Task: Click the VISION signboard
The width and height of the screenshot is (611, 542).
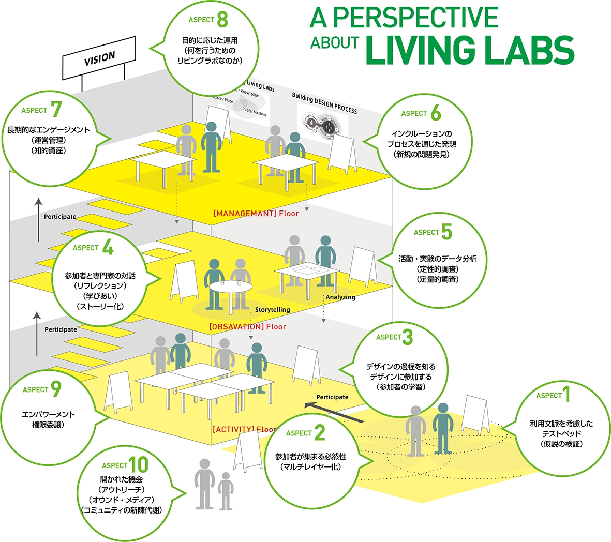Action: tap(99, 58)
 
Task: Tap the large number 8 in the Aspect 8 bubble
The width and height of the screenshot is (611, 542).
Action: tap(222, 20)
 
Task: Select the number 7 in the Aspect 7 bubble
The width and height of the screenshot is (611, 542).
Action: tap(56, 110)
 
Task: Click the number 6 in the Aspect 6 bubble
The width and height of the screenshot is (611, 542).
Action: tap(436, 113)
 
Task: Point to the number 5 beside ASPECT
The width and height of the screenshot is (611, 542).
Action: tap(446, 233)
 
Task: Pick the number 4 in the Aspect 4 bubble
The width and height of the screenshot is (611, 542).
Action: tap(108, 248)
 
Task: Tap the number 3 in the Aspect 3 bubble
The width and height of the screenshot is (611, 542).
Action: tap(408, 337)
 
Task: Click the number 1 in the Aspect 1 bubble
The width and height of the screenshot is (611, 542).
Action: tap(567, 395)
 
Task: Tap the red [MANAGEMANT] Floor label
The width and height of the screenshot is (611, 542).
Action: tap(256, 213)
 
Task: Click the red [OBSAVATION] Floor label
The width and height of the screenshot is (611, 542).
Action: tap(247, 327)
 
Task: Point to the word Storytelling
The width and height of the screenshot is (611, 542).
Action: tap(272, 310)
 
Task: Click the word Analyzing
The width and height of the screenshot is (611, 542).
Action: tap(340, 297)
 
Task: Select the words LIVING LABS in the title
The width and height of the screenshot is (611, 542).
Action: tap(470, 50)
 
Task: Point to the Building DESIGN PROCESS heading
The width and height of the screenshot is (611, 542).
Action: tap(324, 103)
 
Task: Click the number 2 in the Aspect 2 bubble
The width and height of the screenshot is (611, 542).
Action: tap(320, 433)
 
